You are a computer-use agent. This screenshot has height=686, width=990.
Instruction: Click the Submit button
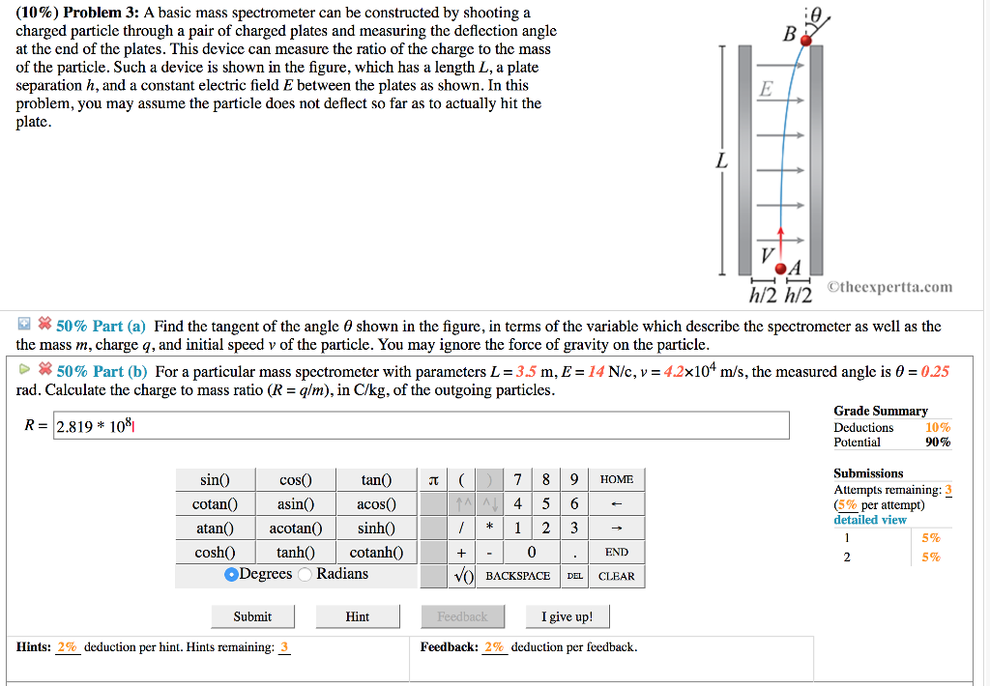(x=252, y=616)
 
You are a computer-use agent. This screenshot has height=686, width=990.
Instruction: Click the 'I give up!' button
(x=567, y=616)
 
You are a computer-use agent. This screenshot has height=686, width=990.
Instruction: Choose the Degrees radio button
(x=232, y=575)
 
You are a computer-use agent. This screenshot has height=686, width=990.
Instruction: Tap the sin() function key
(x=215, y=480)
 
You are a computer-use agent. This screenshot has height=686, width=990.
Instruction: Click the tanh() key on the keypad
(x=295, y=553)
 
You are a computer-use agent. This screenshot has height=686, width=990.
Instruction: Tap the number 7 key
(x=518, y=480)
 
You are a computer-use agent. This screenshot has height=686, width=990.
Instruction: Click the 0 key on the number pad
(x=532, y=553)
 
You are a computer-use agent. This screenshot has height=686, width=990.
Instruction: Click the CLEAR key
(x=616, y=576)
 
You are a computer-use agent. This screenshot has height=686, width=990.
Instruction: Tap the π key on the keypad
(x=432, y=480)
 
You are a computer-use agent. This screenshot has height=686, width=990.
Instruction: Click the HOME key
(x=616, y=480)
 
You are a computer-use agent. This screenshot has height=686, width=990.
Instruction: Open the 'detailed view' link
(x=870, y=520)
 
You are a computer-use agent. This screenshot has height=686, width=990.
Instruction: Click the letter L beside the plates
(x=720, y=161)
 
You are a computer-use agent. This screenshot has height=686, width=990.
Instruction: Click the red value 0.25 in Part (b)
(x=935, y=372)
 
